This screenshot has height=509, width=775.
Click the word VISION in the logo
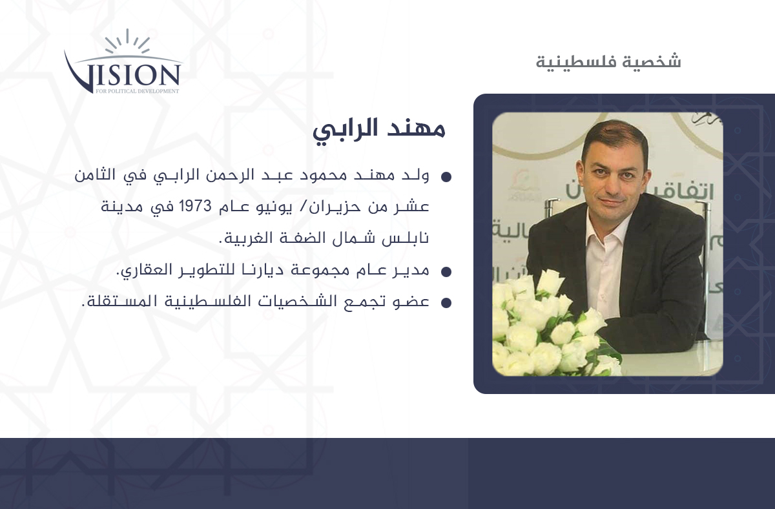click(x=123, y=74)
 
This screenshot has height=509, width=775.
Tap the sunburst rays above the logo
click(x=127, y=41)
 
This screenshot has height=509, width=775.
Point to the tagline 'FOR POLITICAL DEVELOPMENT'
click(x=138, y=91)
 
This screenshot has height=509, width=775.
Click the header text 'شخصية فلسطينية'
click(x=608, y=61)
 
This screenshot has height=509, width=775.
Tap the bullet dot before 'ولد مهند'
click(x=446, y=177)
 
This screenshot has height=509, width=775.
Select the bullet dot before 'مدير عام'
click(x=446, y=272)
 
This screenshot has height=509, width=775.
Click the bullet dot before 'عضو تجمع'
click(x=446, y=303)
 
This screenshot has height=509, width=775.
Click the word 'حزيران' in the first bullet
click(x=331, y=207)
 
